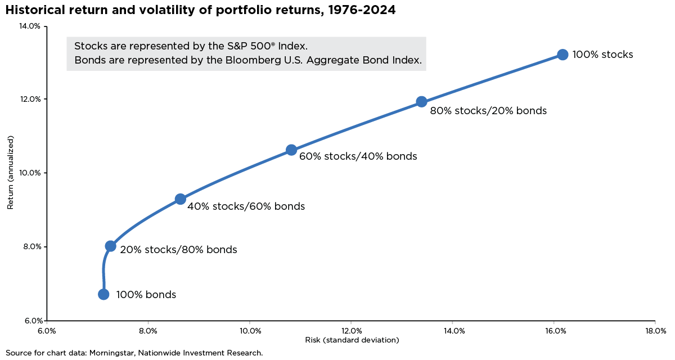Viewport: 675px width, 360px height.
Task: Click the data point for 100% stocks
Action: pos(562,55)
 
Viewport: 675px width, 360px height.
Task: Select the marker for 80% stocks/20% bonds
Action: pos(421,102)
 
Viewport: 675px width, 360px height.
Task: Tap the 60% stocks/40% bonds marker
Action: pos(291,150)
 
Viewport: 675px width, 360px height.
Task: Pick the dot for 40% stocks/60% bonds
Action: pos(180,199)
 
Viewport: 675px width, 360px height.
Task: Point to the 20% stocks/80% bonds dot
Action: pos(110,246)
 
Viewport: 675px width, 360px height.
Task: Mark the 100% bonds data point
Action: pos(103,294)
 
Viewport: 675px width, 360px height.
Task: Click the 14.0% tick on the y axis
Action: pos(30,26)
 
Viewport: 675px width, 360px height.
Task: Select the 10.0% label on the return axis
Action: pos(30,173)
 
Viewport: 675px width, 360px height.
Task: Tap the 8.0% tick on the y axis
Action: pos(31,246)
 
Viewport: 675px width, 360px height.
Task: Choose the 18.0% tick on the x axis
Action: pos(656,331)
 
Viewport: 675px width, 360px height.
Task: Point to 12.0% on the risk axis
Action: pos(351,331)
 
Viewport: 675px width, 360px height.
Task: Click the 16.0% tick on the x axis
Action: pos(554,331)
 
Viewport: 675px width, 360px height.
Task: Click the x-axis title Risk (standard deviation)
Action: pos(352,340)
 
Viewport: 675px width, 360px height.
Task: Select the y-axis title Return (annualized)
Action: pos(10,173)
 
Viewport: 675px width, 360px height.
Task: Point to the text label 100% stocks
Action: pos(603,55)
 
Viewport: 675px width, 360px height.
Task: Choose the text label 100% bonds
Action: pos(146,295)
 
